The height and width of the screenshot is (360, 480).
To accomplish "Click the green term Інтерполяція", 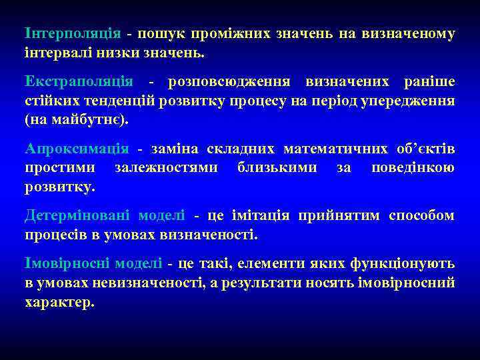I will [x=73, y=33].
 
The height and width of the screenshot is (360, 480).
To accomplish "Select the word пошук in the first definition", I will [x=162, y=33].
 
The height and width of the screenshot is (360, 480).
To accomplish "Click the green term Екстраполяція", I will [x=79, y=82].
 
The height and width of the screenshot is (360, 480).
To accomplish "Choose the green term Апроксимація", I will [x=77, y=149].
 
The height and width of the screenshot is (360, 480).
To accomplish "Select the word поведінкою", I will [x=413, y=167].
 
